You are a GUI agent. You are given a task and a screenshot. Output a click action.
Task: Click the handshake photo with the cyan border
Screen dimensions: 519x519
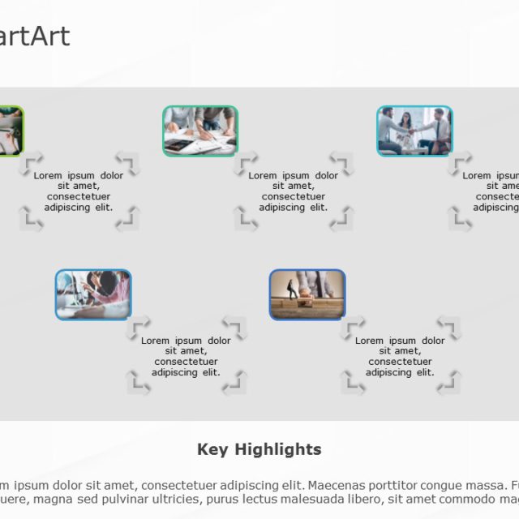(x=414, y=131)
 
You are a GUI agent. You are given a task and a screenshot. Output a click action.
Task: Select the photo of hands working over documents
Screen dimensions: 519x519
(x=200, y=131)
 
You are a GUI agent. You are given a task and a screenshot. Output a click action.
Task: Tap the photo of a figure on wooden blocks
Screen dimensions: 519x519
(x=307, y=294)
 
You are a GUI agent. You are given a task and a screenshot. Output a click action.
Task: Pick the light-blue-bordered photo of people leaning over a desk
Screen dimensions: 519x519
(x=93, y=294)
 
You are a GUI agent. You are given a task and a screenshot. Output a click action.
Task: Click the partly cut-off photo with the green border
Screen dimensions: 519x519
(x=11, y=131)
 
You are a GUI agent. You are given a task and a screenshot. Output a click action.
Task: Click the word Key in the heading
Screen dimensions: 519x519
(x=212, y=449)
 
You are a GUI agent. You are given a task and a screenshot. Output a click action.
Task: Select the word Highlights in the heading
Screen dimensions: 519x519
(x=278, y=449)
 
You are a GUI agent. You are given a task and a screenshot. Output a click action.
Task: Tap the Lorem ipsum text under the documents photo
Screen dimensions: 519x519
(x=293, y=191)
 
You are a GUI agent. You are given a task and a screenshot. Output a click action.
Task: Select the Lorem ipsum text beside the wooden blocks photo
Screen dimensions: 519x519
(x=400, y=356)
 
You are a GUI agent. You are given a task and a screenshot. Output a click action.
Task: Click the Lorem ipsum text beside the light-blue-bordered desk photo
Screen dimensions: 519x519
(x=186, y=356)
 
